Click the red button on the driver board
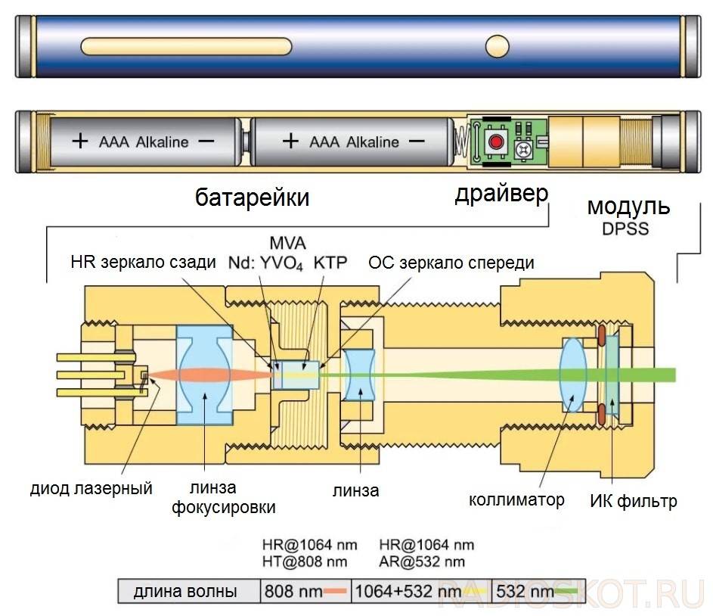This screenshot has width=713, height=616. click(x=496, y=142)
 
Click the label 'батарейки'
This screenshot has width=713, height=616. click(x=253, y=198)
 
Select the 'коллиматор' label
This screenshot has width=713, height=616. click(x=516, y=499)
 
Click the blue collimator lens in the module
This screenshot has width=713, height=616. click(x=573, y=375)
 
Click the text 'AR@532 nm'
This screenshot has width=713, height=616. click(x=422, y=562)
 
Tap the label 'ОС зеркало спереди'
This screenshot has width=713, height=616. click(x=451, y=263)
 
